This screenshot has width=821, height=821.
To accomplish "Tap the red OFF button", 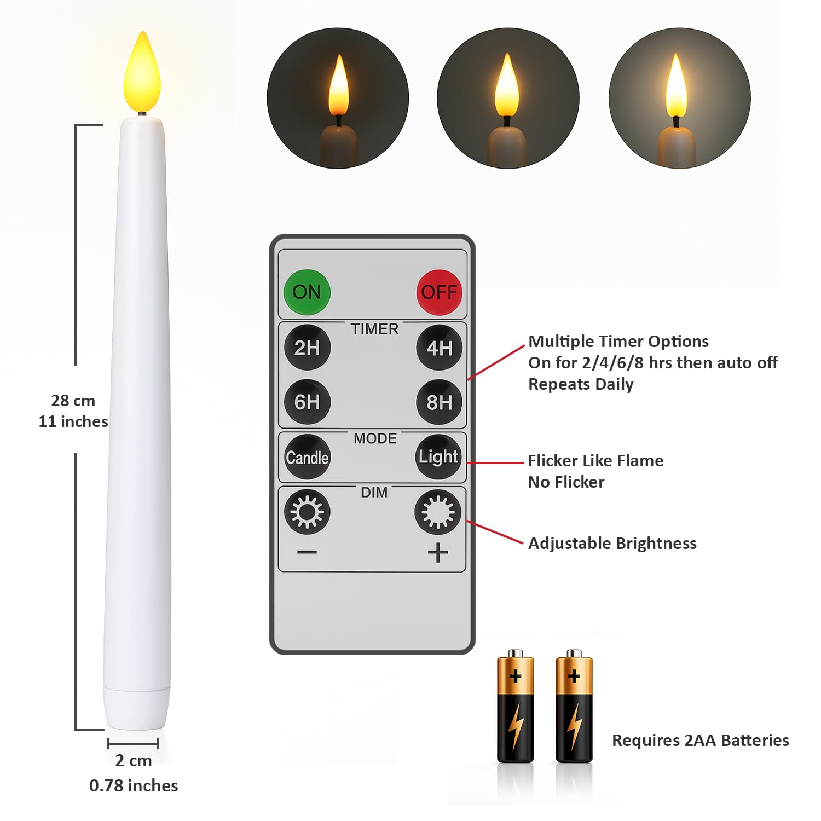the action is click(439, 292).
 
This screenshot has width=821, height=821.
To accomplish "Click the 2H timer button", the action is click(308, 348).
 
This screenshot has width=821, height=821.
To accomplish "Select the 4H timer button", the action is click(439, 348).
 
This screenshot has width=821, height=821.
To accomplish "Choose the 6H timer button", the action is click(308, 402).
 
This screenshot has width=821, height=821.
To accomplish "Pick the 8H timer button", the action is click(439, 402).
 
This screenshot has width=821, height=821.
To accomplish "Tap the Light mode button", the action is click(438, 457).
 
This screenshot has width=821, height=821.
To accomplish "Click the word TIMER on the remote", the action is click(375, 329).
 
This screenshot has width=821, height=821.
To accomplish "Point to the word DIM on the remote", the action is click(374, 493).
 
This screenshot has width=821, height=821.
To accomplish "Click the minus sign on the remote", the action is click(307, 552).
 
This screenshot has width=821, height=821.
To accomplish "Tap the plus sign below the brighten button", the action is click(438, 552).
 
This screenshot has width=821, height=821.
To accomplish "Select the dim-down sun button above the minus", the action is click(307, 512).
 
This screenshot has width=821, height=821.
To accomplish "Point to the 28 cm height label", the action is click(73, 401).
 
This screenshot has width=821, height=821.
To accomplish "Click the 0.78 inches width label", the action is click(134, 785).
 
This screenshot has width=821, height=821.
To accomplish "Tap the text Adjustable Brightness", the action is click(612, 544).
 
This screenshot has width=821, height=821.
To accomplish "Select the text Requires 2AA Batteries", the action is click(701, 741).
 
